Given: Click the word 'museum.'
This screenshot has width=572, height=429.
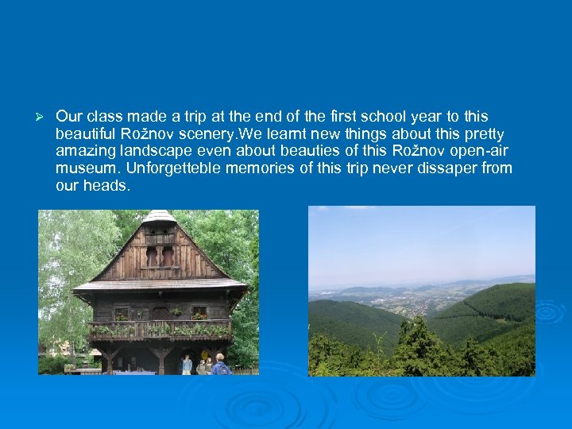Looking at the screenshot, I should tap(84, 168).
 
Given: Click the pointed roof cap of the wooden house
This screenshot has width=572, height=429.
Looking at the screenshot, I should tap(160, 216).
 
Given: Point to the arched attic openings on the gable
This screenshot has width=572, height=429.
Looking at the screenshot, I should tap(160, 256).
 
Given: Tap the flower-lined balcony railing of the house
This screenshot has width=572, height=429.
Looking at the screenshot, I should tap(160, 328).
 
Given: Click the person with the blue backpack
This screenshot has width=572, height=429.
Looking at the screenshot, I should tap(218, 365).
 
